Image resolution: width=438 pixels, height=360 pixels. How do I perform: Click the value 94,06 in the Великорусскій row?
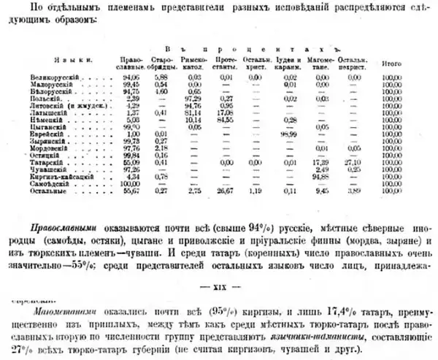click(132, 76)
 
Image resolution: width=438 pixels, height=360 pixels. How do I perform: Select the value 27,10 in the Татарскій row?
click(357, 161)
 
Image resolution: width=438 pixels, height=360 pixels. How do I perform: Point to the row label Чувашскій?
click(70, 168)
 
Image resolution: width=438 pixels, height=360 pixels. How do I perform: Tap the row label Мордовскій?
click(72, 148)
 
